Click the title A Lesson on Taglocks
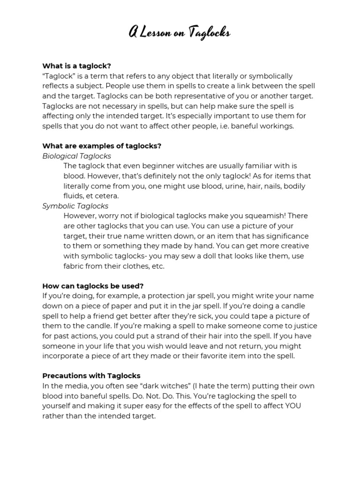click(x=180, y=33)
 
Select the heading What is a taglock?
click(x=76, y=66)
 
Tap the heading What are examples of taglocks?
click(x=102, y=146)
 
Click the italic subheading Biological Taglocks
click(x=76, y=156)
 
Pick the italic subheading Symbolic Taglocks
click(x=75, y=206)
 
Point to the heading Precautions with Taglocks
click(x=91, y=375)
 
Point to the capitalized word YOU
click(x=292, y=406)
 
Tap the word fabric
click(x=75, y=266)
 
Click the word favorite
click(x=220, y=356)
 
